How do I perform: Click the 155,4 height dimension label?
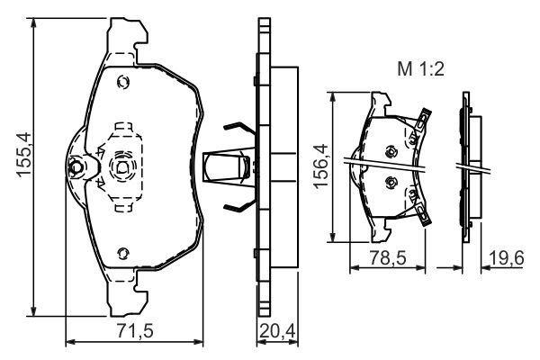[24, 155]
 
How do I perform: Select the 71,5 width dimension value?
[135, 331]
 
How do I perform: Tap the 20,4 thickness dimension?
[277, 331]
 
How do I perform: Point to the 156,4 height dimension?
[320, 166]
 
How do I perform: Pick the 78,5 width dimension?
[388, 257]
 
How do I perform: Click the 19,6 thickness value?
[506, 257]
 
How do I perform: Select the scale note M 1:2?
[420, 69]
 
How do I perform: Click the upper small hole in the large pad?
[123, 82]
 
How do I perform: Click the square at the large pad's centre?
[122, 167]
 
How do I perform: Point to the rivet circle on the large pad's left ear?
[76, 167]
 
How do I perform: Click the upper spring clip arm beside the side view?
[239, 128]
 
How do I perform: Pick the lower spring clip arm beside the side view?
[239, 207]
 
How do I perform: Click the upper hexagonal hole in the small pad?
[391, 151]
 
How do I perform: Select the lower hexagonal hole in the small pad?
[391, 182]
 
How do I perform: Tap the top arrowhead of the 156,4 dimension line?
[332, 97]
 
